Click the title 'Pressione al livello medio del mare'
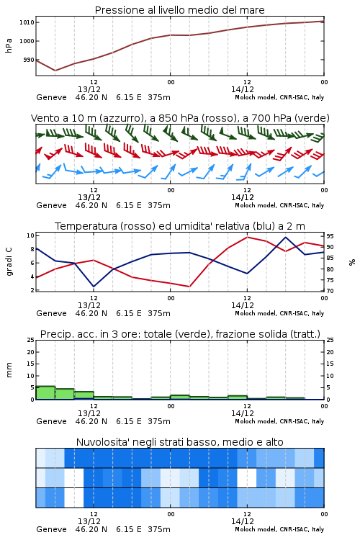tap(179, 10)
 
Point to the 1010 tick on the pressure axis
tap(27, 22)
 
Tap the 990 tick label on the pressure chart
tap(29, 60)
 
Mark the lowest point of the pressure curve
tap(55, 71)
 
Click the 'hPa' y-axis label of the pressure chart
tap(9, 45)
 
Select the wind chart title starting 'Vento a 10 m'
tap(180, 118)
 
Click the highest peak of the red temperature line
tap(247, 237)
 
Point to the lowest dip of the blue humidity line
tap(94, 287)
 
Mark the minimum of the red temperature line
tap(189, 287)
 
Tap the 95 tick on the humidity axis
tap(330, 236)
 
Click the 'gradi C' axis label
tap(9, 262)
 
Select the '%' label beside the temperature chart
tap(352, 262)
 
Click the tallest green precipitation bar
tap(45, 392)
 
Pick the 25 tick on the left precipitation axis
tap(30, 340)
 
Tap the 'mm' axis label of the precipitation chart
tap(9, 370)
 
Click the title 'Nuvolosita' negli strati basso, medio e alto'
tap(179, 442)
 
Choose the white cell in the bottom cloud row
tap(74, 498)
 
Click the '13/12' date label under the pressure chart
tap(89, 89)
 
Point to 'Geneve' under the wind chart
tap(51, 206)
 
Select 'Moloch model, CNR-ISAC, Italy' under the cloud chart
tap(279, 529)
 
